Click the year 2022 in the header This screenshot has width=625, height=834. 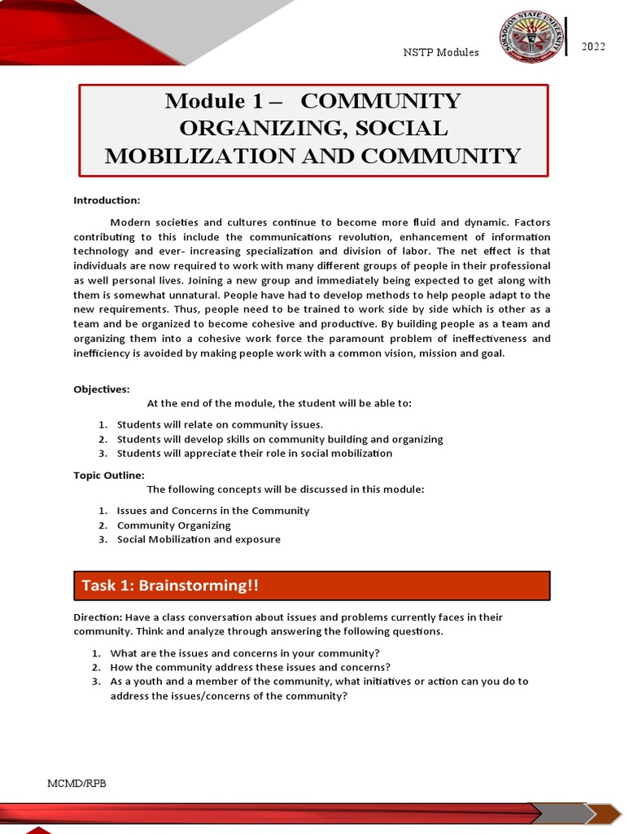coord(592,46)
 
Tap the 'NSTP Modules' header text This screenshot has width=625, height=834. coord(441,52)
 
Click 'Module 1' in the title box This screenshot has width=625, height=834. coord(215,101)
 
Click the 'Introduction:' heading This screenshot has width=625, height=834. coord(107,200)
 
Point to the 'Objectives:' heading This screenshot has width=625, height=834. coord(102,389)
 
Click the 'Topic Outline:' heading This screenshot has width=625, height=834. coord(109,475)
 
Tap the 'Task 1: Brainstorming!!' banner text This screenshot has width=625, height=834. coord(170,586)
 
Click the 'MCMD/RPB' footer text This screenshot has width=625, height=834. coord(76,783)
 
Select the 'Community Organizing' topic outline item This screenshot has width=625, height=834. coord(173,525)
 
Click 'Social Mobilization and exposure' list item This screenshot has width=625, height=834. coord(199,539)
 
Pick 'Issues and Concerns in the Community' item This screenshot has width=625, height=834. coord(213,511)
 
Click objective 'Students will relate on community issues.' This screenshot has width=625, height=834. coord(220,424)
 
